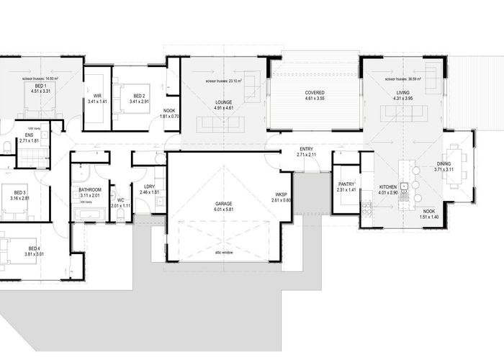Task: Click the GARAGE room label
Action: [222, 204]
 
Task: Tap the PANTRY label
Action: [345, 184]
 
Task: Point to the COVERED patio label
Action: [313, 93]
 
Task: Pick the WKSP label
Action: [281, 194]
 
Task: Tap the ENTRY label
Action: [306, 148]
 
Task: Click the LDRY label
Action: [148, 186]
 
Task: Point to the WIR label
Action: [96, 95]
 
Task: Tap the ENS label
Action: [30, 135]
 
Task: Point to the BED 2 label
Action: [139, 95]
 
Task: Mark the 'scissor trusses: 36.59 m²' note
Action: [403, 79]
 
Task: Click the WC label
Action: [122, 199]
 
